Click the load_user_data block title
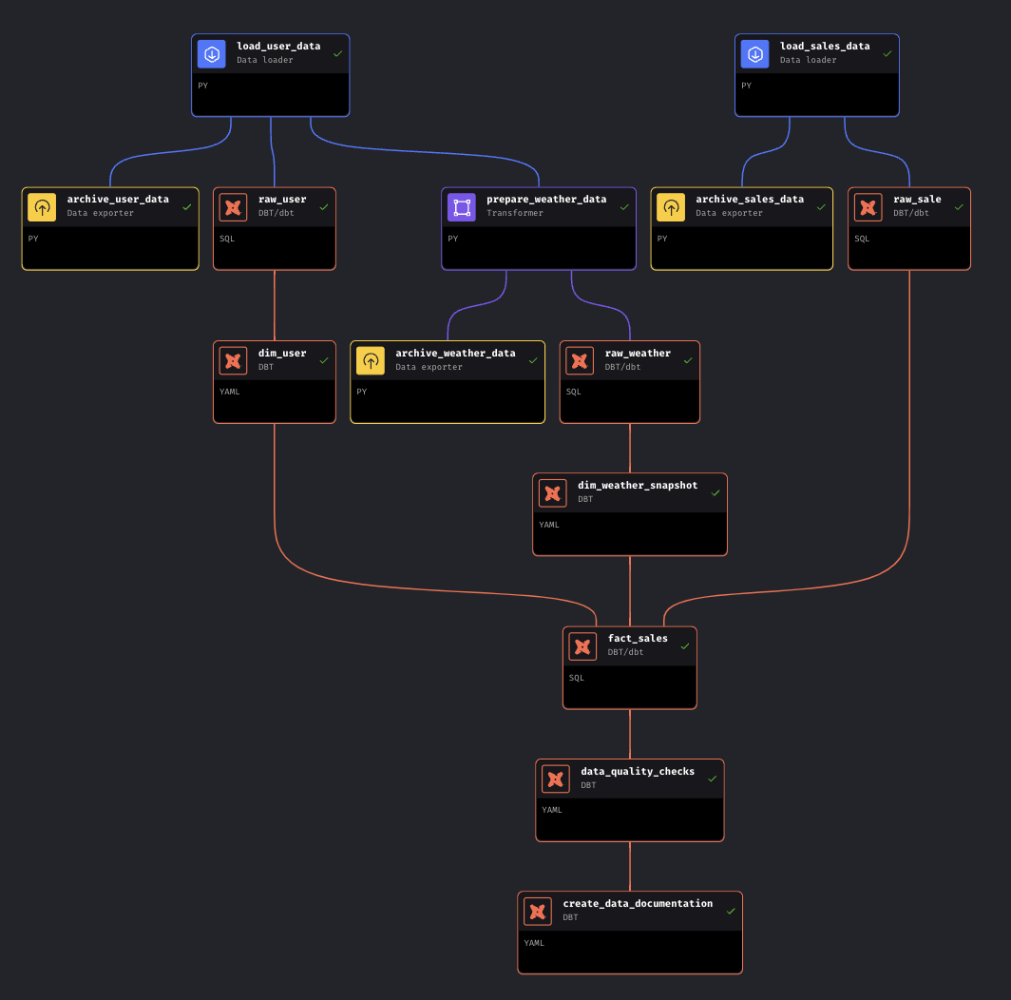click(278, 46)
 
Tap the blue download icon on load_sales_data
click(755, 54)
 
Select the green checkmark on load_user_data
click(338, 54)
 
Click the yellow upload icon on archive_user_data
click(42, 207)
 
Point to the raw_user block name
click(282, 200)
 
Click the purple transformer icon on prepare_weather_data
click(462, 207)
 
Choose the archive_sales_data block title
click(750, 200)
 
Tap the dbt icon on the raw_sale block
click(868, 207)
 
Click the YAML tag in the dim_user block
click(229, 392)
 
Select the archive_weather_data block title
click(455, 353)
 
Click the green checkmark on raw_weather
click(688, 360)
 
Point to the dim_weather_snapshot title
click(638, 485)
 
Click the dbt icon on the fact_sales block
click(583, 646)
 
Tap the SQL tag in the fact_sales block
click(577, 678)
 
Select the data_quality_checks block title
click(638, 771)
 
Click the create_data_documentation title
click(638, 903)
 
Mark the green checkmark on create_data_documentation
click(731, 911)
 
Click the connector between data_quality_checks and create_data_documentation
click(630, 866)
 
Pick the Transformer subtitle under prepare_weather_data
click(515, 213)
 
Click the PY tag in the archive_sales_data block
click(662, 239)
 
